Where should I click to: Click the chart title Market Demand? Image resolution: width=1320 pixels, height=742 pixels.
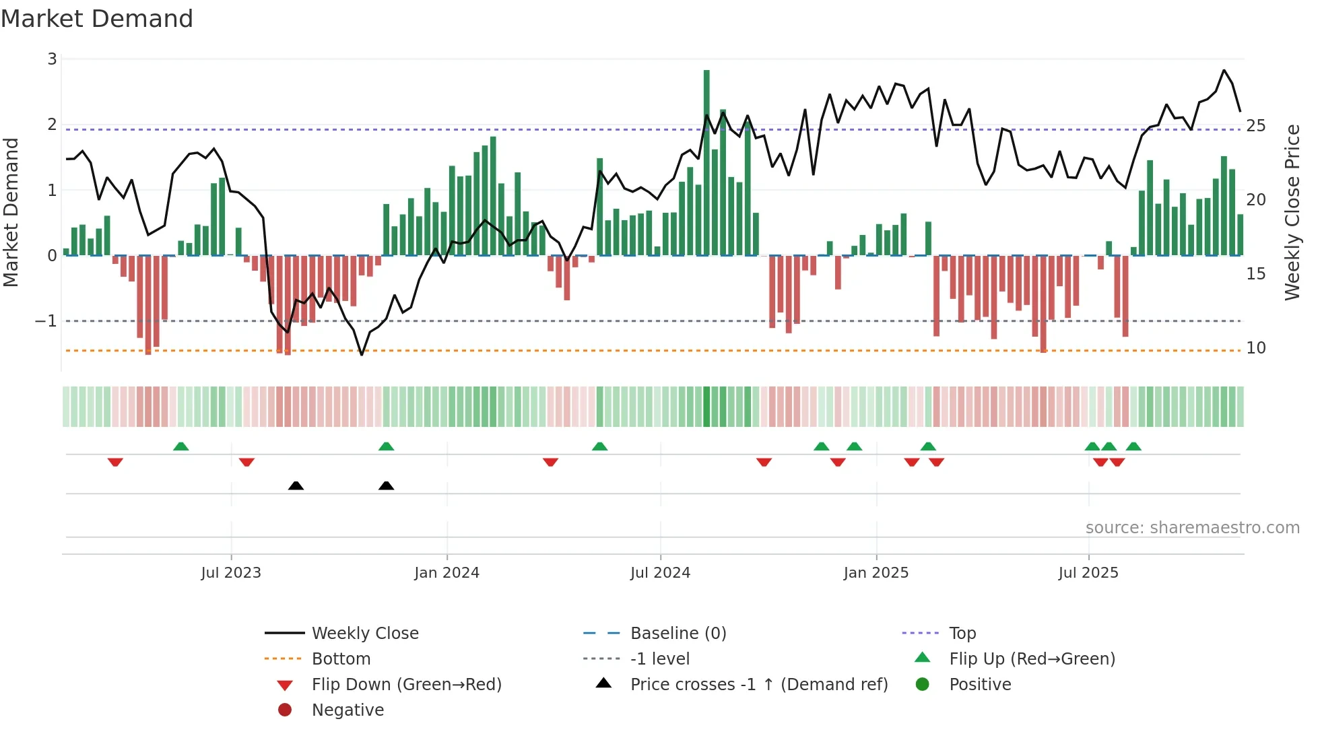pos(97,19)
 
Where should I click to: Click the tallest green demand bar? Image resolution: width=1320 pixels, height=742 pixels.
pos(706,162)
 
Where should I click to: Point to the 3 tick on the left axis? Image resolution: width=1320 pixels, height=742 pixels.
pos(52,59)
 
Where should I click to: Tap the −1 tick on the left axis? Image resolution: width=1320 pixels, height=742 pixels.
pos(46,321)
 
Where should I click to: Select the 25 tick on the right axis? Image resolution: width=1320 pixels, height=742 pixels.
pos(1255,126)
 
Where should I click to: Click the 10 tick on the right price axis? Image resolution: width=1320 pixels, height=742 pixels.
pos(1255,348)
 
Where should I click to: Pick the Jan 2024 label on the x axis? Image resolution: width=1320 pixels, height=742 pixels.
pos(447,573)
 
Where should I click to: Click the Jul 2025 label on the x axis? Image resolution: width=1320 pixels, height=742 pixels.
pos(1088,573)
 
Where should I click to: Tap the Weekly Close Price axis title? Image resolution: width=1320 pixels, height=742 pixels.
pos(1292,212)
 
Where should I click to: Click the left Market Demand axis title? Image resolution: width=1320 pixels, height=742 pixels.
pos(11,212)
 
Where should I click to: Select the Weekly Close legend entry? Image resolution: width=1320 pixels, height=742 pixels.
pos(365,634)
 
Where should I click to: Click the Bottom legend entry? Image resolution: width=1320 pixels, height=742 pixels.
pos(341,659)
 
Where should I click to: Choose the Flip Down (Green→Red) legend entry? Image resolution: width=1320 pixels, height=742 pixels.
pos(406,685)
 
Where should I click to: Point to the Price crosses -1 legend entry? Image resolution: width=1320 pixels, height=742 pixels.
pos(758,685)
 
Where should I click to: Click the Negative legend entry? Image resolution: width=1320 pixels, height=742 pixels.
pos(348,710)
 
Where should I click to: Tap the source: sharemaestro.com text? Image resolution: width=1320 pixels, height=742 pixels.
pos(1192,528)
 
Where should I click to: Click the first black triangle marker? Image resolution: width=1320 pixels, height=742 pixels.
pos(296,485)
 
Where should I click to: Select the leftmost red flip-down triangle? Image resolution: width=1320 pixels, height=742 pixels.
pos(115,462)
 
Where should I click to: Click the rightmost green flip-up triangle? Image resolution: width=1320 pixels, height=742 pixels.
pos(1133,446)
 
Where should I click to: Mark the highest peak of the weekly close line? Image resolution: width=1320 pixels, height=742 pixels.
pos(1224,70)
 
